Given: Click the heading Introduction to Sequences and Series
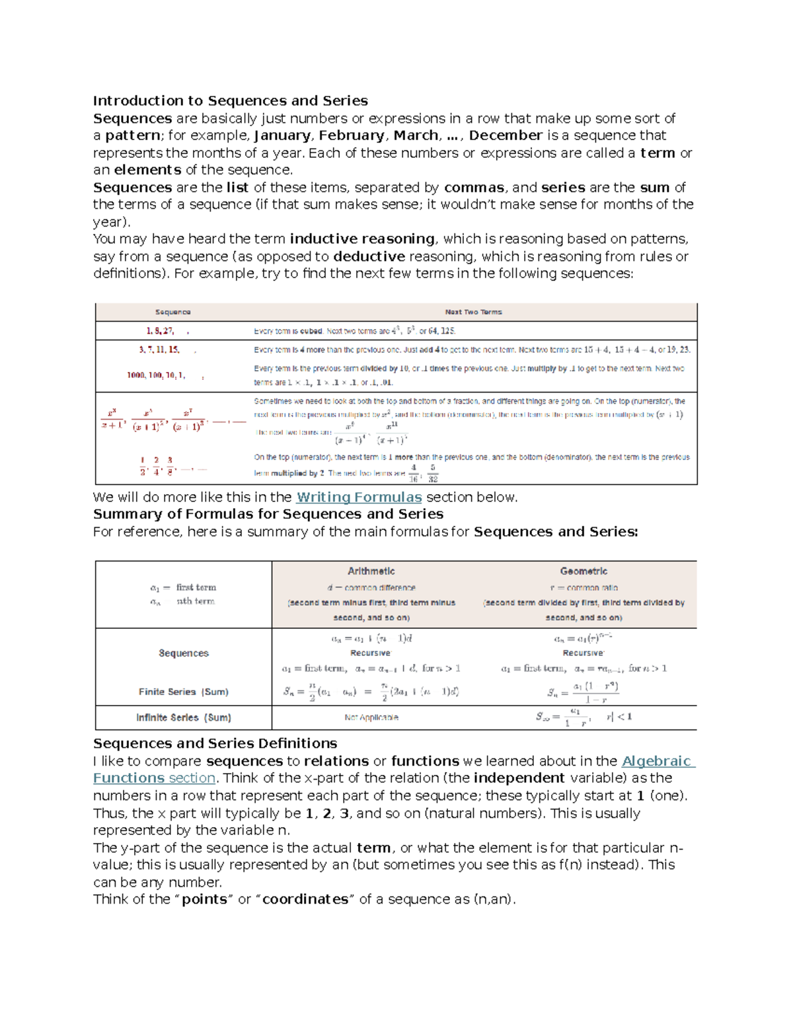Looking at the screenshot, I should [230, 100].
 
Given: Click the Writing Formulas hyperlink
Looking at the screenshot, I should [359, 497].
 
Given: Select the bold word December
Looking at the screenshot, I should [506, 135].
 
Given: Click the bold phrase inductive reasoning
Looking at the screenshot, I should [362, 238].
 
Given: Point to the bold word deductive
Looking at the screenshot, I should [369, 256].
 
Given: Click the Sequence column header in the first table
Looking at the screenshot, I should [173, 312].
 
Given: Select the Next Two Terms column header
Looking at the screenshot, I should [473, 312].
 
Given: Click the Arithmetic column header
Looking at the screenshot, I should [371, 571].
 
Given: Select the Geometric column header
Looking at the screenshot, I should [584, 571].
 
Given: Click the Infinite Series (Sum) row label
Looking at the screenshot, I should [184, 717].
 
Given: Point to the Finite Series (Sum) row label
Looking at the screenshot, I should [184, 692].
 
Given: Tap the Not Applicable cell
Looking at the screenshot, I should [371, 717].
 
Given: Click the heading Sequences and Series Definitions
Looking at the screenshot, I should [215, 743].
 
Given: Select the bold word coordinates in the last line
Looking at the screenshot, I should [305, 899].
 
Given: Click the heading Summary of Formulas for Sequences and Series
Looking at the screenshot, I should [268, 514].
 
